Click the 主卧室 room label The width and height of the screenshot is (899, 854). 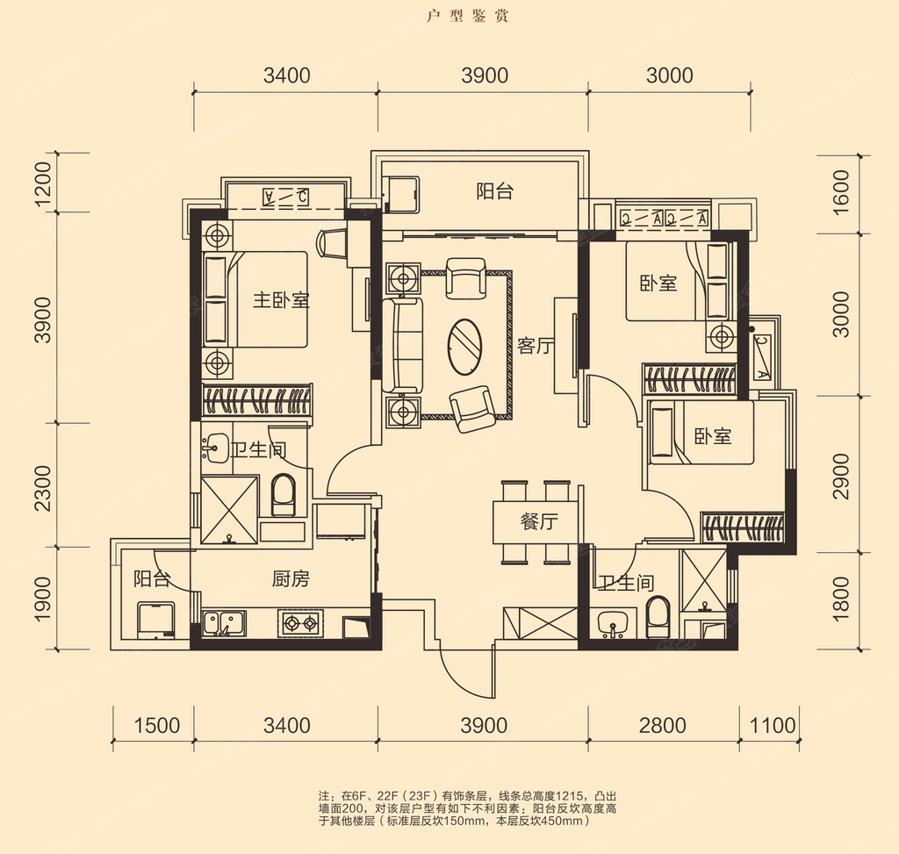(281, 300)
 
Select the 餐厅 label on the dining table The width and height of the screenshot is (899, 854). (539, 521)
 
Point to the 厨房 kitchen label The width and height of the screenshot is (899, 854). (290, 579)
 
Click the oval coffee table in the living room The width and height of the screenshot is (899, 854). (465, 347)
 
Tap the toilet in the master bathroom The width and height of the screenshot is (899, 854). (282, 495)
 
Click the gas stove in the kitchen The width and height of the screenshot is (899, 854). (300, 622)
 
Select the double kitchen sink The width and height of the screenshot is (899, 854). (224, 623)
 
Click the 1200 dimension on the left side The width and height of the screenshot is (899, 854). (44, 183)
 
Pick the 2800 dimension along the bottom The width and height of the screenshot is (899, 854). (663, 726)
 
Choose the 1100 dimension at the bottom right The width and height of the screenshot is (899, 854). (773, 726)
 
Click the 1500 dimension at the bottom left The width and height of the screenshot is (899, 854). (156, 726)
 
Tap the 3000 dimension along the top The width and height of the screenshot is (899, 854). (670, 75)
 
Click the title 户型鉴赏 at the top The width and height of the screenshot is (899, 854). (467, 16)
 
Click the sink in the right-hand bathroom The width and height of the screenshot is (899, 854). (613, 624)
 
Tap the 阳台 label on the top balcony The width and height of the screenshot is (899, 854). (495, 191)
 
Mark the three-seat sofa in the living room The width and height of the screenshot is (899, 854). (402, 346)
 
